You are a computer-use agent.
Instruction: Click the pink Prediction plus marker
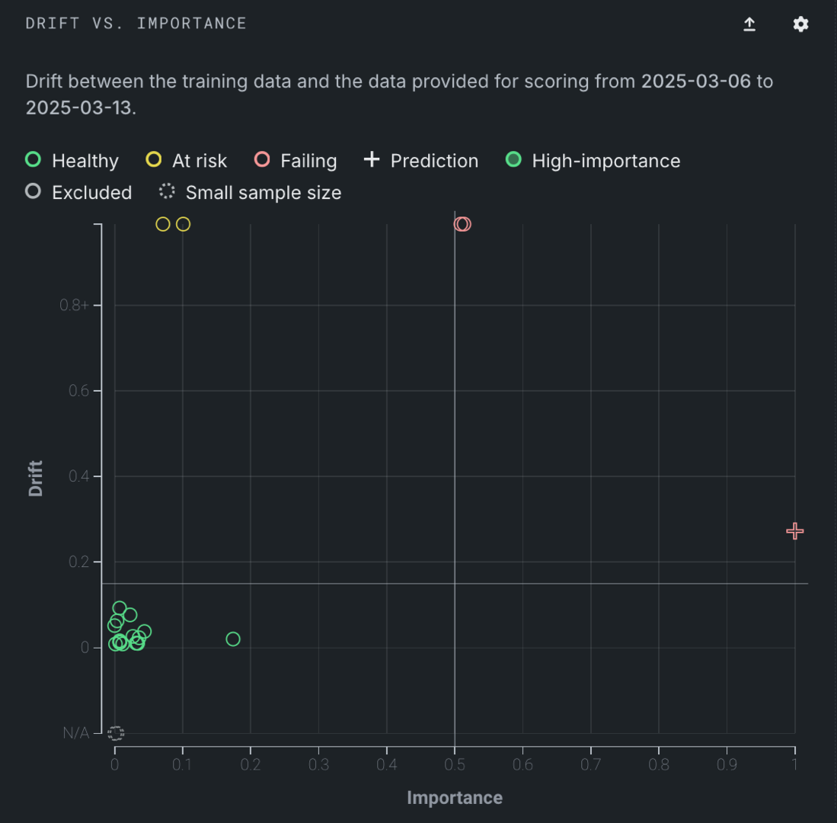tap(794, 531)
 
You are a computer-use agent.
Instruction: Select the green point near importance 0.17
tap(233, 639)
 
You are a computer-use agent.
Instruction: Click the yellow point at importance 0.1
tap(183, 224)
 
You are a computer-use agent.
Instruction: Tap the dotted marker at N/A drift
tap(116, 733)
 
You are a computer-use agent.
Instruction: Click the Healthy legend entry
tap(73, 161)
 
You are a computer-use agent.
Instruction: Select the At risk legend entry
tap(187, 161)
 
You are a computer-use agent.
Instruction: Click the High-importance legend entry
tap(593, 161)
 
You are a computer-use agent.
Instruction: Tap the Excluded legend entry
tap(79, 193)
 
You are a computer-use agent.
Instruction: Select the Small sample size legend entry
tap(251, 193)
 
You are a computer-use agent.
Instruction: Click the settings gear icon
tap(800, 24)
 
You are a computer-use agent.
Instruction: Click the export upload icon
tap(749, 24)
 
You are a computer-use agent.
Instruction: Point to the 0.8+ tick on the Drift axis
tap(75, 306)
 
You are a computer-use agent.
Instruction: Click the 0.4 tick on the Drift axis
tap(78, 476)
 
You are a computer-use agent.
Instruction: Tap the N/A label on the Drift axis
tap(76, 733)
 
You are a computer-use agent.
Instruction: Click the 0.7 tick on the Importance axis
tap(591, 764)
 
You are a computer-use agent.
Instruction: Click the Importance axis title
tap(455, 798)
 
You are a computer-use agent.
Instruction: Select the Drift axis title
tap(36, 478)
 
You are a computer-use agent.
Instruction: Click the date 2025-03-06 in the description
tap(696, 82)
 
